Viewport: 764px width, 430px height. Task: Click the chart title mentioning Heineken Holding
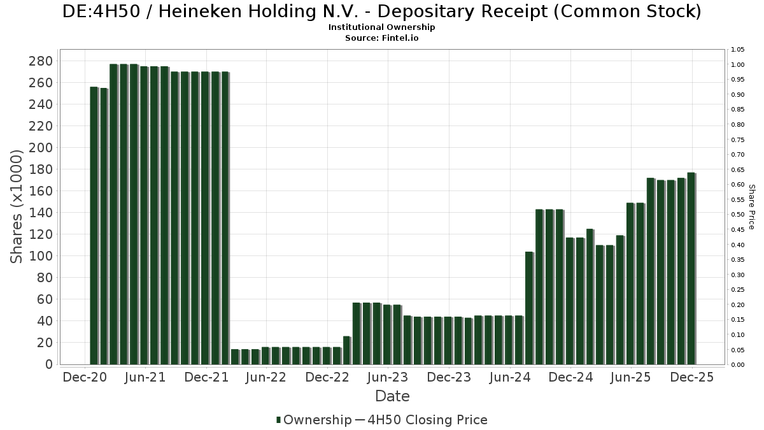point(382,12)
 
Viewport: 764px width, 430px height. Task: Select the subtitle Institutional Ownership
point(382,27)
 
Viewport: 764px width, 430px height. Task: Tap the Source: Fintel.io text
point(382,38)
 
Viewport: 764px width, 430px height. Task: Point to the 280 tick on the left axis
point(40,61)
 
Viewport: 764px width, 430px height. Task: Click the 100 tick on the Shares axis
point(40,256)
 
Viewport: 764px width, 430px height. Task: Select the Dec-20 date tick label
point(85,377)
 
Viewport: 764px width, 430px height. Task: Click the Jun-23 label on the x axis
point(388,377)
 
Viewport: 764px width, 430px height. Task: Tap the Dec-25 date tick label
point(691,377)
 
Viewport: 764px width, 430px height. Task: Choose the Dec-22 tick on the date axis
point(327,377)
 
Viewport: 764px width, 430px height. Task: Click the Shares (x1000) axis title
point(17,206)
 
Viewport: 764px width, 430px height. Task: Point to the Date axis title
point(392,396)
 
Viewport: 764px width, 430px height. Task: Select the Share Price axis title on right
point(751,207)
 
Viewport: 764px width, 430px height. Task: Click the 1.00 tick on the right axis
point(739,65)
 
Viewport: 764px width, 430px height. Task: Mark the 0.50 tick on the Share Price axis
point(739,215)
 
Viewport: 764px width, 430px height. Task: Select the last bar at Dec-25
point(691,268)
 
